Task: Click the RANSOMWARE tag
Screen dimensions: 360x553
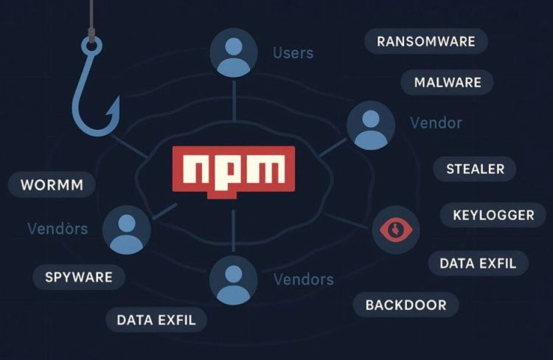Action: (426, 41)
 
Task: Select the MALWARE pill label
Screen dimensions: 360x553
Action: (448, 82)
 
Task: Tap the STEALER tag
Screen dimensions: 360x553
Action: (475, 169)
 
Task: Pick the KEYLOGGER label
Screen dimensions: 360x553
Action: (493, 215)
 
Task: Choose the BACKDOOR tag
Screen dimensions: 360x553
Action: (406, 304)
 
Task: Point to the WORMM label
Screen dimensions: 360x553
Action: (51, 184)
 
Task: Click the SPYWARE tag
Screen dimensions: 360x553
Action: (78, 277)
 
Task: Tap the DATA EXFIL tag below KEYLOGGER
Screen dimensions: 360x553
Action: (478, 262)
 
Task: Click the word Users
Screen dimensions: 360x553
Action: (293, 53)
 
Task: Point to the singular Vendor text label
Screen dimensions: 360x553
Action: (436, 122)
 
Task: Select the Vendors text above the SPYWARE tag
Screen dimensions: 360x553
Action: (58, 229)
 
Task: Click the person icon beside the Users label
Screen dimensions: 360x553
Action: (234, 52)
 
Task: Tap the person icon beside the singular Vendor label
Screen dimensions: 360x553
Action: (370, 126)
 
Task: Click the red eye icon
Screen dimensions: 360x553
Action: (396, 230)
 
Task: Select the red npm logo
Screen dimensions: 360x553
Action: (233, 171)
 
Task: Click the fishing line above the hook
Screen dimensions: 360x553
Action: (91, 15)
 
